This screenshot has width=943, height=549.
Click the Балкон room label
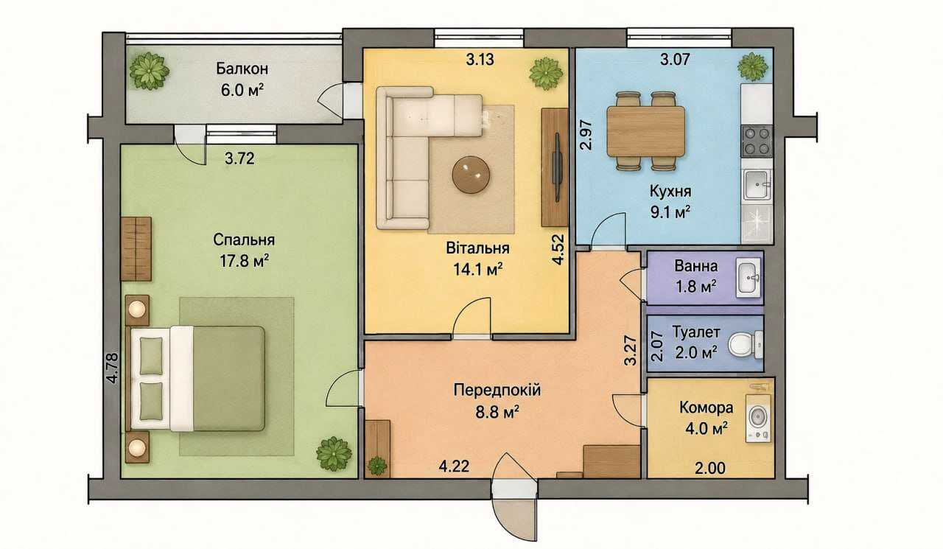[x=242, y=69]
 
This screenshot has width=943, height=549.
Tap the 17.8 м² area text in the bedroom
[x=244, y=261]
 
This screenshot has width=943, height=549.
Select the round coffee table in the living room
[x=471, y=175]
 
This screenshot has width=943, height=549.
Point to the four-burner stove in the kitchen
[x=757, y=141]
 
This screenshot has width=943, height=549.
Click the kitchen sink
[x=757, y=185]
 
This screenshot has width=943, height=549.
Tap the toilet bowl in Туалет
[x=745, y=344]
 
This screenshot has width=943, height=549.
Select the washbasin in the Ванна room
[x=749, y=278]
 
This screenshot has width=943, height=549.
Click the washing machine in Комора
[x=758, y=418]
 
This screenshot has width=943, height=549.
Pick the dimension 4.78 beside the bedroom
[x=113, y=367]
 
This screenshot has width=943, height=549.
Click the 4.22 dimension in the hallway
[x=454, y=466]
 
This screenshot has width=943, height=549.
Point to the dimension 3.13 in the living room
[x=480, y=60]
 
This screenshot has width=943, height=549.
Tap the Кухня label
[x=670, y=191]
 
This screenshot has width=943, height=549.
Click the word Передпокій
[x=497, y=391]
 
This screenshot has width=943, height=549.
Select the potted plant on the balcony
[x=149, y=70]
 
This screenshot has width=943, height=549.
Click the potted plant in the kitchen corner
[x=753, y=66]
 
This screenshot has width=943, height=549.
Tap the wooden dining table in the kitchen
[x=646, y=131]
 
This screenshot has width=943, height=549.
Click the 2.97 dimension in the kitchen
[x=586, y=135]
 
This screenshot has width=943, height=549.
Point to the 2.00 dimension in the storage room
[x=710, y=468]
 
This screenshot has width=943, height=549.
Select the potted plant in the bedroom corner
[x=334, y=454]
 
